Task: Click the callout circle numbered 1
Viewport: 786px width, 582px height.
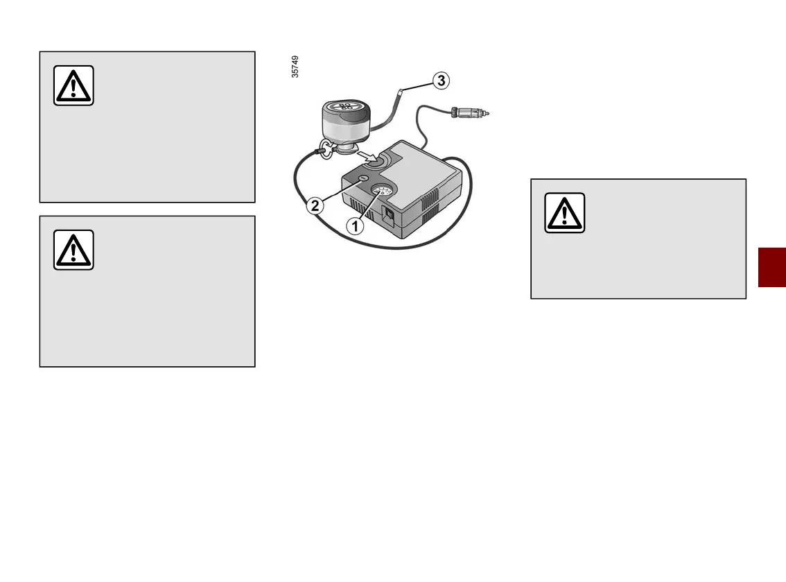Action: (353, 225)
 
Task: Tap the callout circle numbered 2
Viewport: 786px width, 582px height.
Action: (315, 205)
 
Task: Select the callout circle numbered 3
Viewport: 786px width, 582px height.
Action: (441, 81)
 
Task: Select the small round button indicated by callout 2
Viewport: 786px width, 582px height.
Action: (363, 180)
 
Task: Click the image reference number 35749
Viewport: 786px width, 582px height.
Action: (296, 67)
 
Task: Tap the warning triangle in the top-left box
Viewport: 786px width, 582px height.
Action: (73, 85)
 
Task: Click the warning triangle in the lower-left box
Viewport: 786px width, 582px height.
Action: (73, 250)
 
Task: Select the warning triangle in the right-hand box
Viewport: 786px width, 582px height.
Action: (564, 212)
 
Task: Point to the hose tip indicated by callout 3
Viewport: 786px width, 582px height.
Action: (400, 92)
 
